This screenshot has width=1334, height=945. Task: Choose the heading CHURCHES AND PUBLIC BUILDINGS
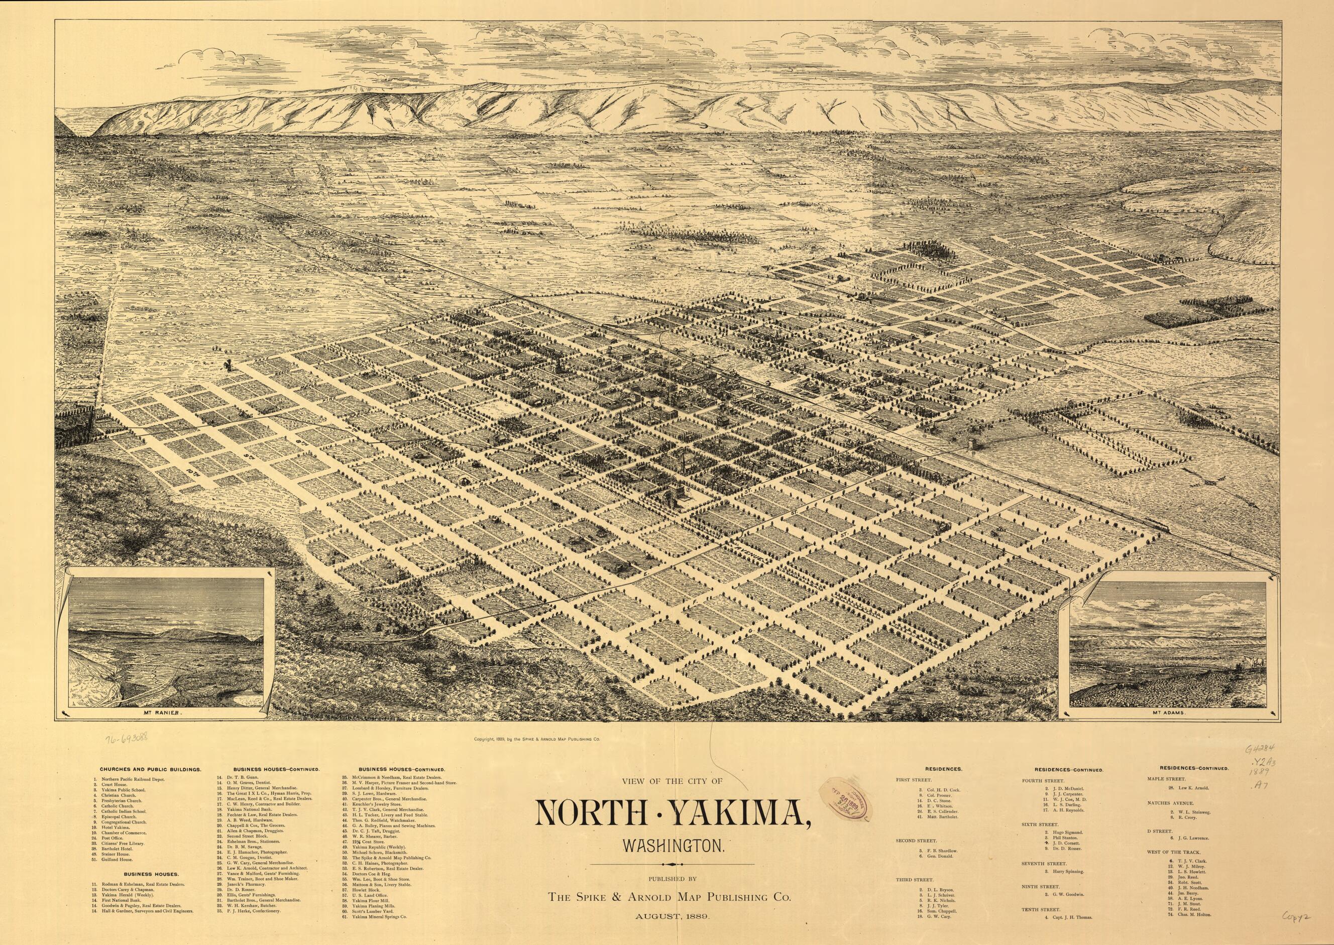(x=150, y=769)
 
